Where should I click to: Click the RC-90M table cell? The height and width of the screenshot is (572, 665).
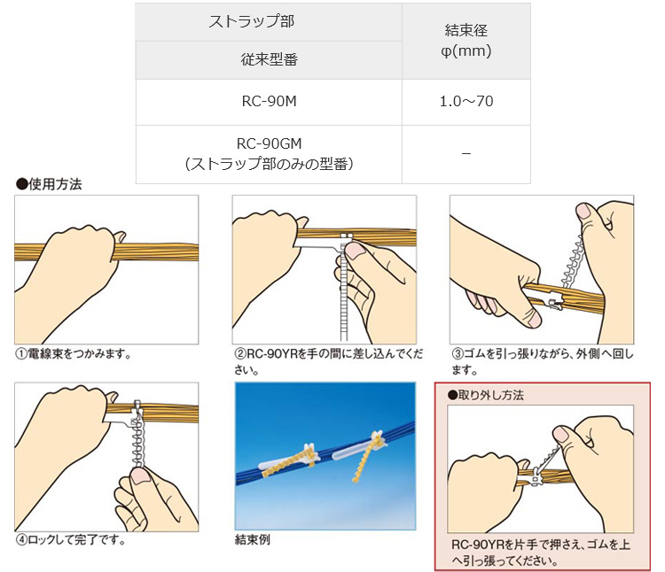point(269,102)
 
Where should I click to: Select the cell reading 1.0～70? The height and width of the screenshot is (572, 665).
point(466,102)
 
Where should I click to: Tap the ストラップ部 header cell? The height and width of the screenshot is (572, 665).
point(269,22)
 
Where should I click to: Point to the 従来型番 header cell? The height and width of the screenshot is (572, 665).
point(269,60)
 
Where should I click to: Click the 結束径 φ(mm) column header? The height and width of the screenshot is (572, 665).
point(466,41)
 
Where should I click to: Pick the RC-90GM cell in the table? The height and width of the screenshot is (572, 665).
point(269,154)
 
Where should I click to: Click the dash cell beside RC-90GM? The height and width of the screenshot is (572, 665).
point(466,154)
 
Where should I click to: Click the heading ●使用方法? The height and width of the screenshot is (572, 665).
point(49,184)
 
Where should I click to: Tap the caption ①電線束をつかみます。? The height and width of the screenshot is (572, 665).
point(74,353)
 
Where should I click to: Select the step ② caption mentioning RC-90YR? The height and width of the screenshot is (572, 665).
point(328,361)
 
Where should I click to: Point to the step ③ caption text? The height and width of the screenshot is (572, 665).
point(542,361)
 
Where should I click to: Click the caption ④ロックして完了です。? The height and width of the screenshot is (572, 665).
point(70,540)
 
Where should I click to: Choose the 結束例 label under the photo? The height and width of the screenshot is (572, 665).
point(253,540)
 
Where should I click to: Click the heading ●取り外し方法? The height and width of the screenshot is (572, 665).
point(486,395)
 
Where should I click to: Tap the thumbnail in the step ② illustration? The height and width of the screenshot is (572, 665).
point(355,251)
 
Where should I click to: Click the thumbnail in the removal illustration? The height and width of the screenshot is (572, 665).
point(561,434)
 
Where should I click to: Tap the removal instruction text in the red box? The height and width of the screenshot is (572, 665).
point(541,553)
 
